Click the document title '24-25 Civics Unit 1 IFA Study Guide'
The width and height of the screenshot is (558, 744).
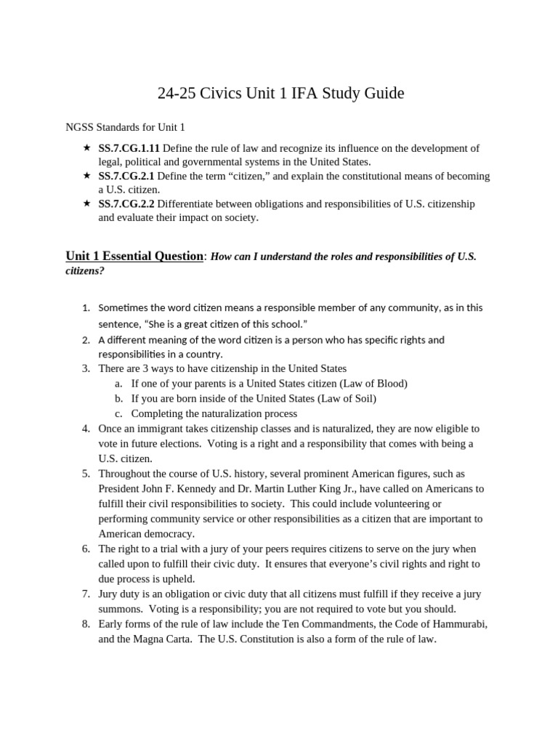point(280,94)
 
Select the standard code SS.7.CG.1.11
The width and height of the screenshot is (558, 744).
point(129,148)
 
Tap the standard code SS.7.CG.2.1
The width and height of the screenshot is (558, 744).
point(126,177)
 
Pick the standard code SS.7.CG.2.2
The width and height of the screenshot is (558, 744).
point(126,204)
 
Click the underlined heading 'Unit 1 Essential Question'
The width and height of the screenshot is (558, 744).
point(134,256)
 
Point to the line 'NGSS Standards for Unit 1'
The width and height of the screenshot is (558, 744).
point(125,127)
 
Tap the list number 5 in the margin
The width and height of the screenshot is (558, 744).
point(86,474)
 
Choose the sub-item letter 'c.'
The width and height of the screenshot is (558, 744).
point(118,413)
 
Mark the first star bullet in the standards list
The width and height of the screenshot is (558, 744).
point(86,148)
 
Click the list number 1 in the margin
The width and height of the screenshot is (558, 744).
point(86,308)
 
